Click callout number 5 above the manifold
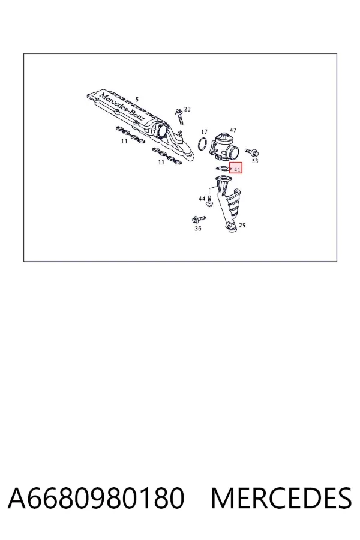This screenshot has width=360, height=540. (137, 100)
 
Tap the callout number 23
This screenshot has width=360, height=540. (187, 109)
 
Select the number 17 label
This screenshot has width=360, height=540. (204, 131)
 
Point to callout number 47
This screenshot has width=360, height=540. (233, 130)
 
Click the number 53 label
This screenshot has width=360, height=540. (255, 161)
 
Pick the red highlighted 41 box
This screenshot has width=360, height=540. (236, 168)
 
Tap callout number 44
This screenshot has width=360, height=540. (202, 199)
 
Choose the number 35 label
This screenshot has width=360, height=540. (198, 229)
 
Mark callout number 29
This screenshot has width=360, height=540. (242, 225)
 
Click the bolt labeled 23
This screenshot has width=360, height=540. (179, 116)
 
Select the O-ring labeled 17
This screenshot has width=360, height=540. (203, 144)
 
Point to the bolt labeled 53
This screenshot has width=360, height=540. (252, 152)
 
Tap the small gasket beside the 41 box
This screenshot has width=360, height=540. (221, 169)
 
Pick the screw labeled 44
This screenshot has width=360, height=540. (209, 200)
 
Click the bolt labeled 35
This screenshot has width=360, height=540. (198, 219)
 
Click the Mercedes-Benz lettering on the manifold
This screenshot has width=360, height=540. (122, 107)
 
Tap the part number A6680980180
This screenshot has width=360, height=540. (96, 498)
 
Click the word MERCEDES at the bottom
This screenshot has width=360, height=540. (281, 498)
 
